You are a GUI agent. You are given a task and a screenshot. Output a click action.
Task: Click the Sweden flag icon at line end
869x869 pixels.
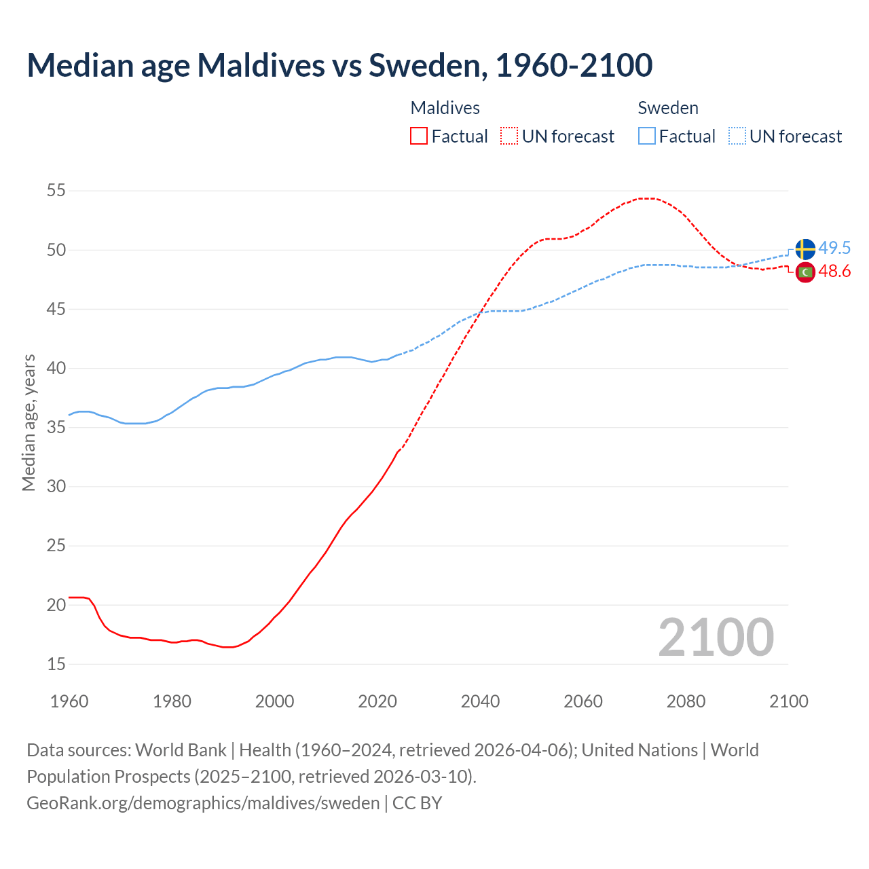tap(805, 249)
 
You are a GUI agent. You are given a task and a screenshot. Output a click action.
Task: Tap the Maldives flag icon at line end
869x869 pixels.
tap(805, 272)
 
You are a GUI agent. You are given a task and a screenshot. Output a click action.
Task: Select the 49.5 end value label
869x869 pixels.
tap(834, 248)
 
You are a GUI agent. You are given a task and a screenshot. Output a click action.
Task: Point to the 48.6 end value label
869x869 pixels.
tap(834, 272)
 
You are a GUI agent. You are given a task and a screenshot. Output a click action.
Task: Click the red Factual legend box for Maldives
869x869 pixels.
tap(419, 136)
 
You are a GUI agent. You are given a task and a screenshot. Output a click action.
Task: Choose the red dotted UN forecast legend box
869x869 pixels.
tap(509, 136)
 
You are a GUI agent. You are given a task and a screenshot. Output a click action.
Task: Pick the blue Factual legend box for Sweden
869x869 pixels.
tap(647, 136)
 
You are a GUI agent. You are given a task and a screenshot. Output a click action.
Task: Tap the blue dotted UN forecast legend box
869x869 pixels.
tap(737, 136)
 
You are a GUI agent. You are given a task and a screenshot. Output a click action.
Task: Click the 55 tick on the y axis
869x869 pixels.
tap(56, 191)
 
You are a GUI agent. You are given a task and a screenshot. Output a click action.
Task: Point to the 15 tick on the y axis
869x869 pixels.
tap(56, 664)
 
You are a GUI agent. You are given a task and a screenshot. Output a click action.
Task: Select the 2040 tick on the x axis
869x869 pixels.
tap(480, 701)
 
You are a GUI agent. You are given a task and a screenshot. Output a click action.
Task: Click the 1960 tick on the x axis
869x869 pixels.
tap(69, 701)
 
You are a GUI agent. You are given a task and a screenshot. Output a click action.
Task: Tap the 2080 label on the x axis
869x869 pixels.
tap(686, 701)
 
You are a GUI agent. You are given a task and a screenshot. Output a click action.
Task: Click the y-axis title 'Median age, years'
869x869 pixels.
tap(29, 422)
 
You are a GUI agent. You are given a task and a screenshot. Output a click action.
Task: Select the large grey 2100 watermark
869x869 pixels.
tap(716, 637)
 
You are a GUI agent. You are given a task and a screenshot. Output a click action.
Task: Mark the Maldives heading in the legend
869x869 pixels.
tap(445, 108)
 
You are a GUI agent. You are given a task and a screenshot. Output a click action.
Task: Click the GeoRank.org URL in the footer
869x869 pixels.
tap(203, 803)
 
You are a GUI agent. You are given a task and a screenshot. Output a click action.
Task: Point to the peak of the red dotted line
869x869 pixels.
tap(646, 198)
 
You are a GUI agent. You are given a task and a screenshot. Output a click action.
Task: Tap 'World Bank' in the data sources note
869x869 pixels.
tap(181, 750)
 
